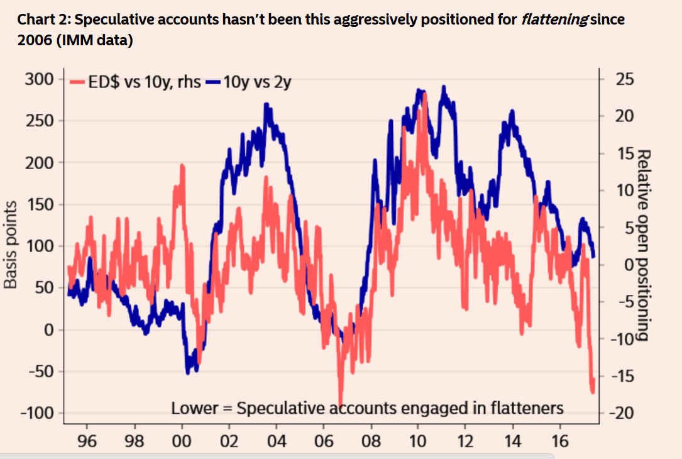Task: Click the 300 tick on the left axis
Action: pyautogui.click(x=41, y=79)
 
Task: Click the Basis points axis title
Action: pyautogui.click(x=10, y=245)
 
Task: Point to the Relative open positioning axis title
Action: pyautogui.click(x=642, y=245)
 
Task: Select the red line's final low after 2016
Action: pyautogui.click(x=593, y=392)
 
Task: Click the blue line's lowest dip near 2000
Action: pyautogui.click(x=188, y=373)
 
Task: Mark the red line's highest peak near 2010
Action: pyautogui.click(x=425, y=94)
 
